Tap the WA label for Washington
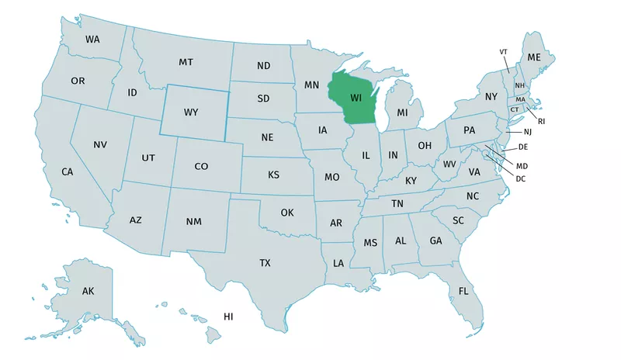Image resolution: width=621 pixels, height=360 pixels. point(92,39)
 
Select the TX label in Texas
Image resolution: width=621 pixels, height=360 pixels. point(265,264)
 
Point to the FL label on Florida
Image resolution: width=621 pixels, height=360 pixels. point(463,291)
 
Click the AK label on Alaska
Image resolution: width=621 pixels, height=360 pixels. point(88,291)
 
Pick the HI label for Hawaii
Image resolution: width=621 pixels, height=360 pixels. point(228,317)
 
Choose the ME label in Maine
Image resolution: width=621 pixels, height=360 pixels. point(534,58)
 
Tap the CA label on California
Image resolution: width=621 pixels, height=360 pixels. point(68,171)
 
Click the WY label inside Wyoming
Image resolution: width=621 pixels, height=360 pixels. point(191,112)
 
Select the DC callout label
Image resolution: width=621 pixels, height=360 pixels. point(521,179)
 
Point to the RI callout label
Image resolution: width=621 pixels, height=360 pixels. point(542,121)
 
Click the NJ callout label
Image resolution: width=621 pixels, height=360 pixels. point(529,133)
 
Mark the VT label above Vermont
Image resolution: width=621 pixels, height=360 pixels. point(503,52)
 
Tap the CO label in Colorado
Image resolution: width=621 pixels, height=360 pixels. point(201,166)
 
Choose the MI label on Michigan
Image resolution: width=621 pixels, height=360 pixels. point(402,113)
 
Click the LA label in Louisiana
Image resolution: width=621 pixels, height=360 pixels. point(338,264)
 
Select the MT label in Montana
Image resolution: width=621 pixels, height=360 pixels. point(186,62)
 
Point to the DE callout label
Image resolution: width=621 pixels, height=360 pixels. point(523,147)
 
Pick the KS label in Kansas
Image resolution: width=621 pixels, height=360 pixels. point(273,175)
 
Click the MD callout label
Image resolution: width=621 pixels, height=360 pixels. point(522,166)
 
